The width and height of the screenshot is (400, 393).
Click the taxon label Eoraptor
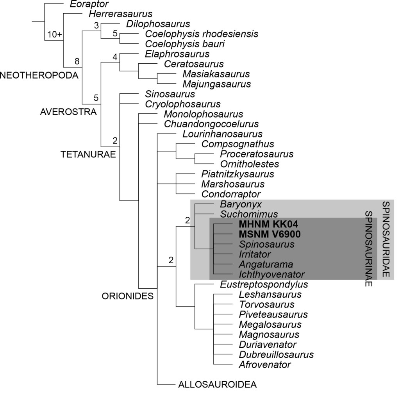(89, 4)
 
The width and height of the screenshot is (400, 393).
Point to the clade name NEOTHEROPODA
(39, 75)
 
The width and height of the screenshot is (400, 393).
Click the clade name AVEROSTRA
(68, 112)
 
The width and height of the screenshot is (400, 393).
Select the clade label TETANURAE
(88, 154)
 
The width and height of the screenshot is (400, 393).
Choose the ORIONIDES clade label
(127, 296)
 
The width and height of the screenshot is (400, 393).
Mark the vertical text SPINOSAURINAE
(369, 249)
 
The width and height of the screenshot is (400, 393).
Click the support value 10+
(55, 34)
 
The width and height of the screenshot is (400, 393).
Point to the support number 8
(77, 61)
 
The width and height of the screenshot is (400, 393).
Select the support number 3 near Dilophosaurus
(96, 26)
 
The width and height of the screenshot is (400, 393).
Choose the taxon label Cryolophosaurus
(182, 104)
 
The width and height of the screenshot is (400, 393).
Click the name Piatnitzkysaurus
(238, 174)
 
